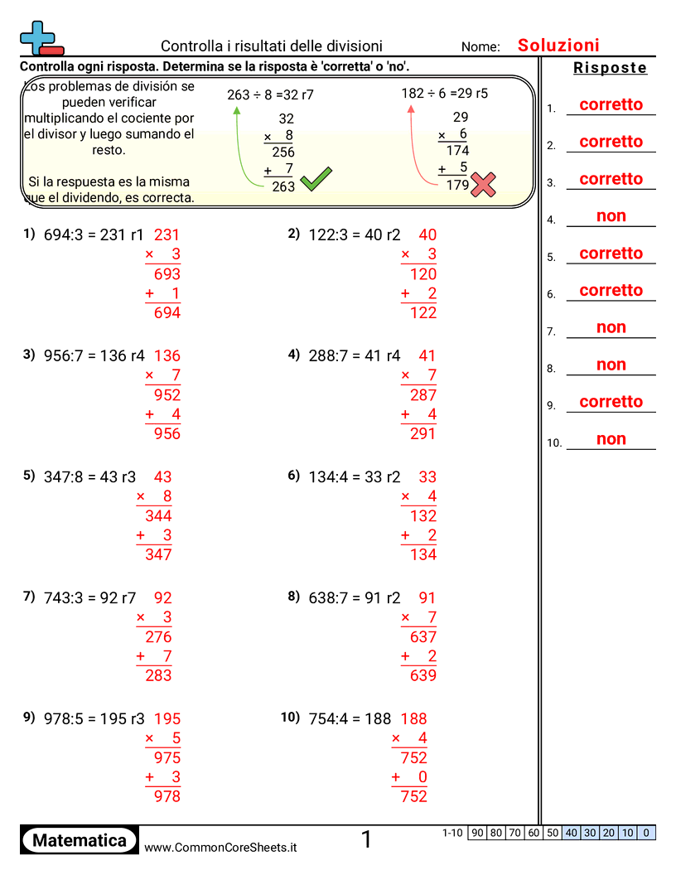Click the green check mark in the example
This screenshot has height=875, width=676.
coord(316,180)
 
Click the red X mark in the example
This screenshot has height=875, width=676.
coord(482,185)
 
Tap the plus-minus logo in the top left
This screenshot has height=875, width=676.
coord(40,38)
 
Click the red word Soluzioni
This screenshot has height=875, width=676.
coord(558,46)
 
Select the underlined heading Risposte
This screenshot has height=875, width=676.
coord(610,68)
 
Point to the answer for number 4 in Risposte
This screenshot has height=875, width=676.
coord(611,216)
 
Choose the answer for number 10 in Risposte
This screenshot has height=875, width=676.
coord(611,439)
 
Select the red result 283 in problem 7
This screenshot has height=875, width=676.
coord(158,675)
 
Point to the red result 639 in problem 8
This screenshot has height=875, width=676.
coord(422,675)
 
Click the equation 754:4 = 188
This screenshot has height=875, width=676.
coord(350,718)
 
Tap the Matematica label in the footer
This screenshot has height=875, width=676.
coord(80,840)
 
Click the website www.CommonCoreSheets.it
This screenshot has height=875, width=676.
coord(220,847)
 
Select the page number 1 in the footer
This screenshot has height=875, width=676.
coord(366,840)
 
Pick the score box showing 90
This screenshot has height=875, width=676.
coord(477,833)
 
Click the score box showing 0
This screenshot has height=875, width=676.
coord(646,833)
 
